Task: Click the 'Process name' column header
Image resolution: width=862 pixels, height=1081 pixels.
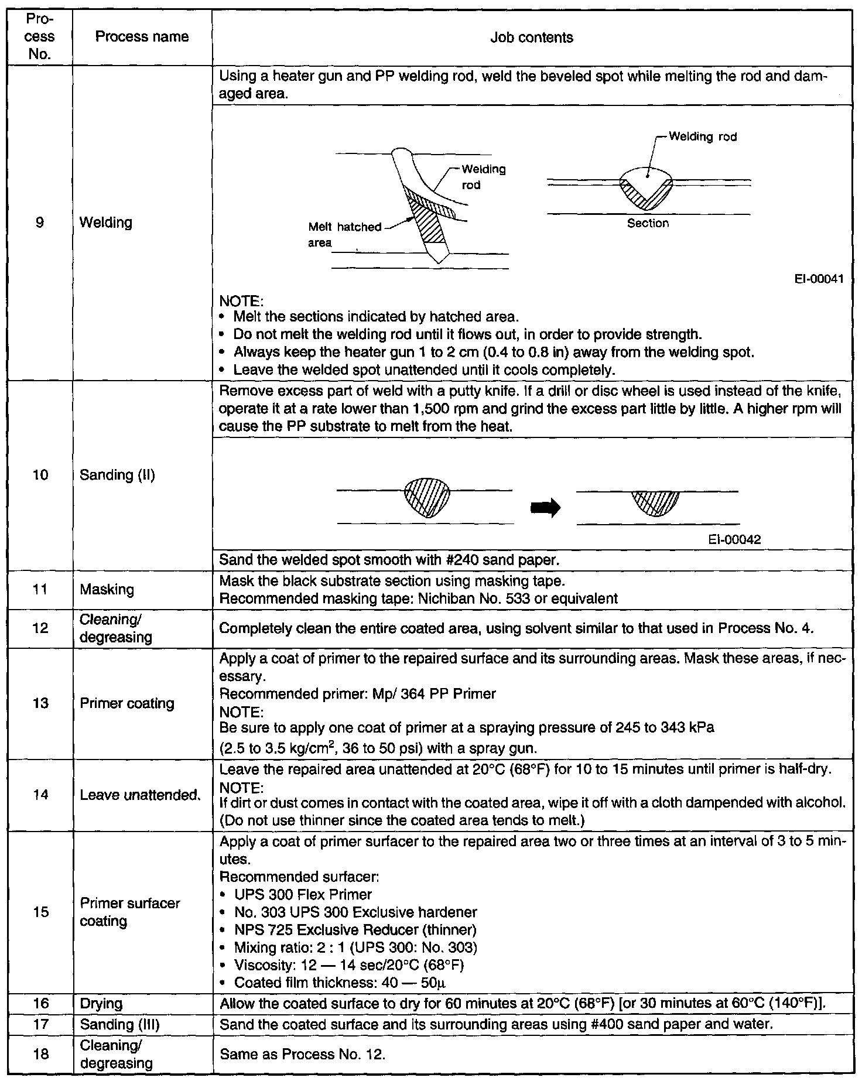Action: pyautogui.click(x=142, y=37)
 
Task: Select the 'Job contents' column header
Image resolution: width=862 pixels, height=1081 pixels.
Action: pyautogui.click(x=531, y=38)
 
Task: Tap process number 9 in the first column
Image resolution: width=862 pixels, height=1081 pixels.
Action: pyautogui.click(x=40, y=223)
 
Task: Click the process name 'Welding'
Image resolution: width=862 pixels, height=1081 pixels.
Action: pyautogui.click(x=106, y=223)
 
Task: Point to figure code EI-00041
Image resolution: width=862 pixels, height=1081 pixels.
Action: pyautogui.click(x=819, y=279)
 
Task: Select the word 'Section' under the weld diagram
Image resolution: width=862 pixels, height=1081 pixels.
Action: pyautogui.click(x=648, y=223)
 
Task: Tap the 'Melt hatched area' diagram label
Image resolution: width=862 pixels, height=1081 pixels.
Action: pyautogui.click(x=344, y=234)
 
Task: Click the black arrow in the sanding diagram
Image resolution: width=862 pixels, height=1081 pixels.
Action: pyautogui.click(x=545, y=508)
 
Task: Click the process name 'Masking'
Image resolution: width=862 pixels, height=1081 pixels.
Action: pyautogui.click(x=107, y=589)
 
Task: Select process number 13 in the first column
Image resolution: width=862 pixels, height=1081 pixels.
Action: pyautogui.click(x=40, y=703)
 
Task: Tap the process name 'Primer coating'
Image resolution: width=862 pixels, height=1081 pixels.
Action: pyautogui.click(x=127, y=703)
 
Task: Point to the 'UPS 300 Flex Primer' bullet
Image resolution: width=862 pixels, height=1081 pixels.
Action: pyautogui.click(x=302, y=894)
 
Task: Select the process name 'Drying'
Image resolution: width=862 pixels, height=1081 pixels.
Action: pyautogui.click(x=101, y=1003)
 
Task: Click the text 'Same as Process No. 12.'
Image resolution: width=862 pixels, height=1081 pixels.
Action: pyautogui.click(x=302, y=1054)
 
